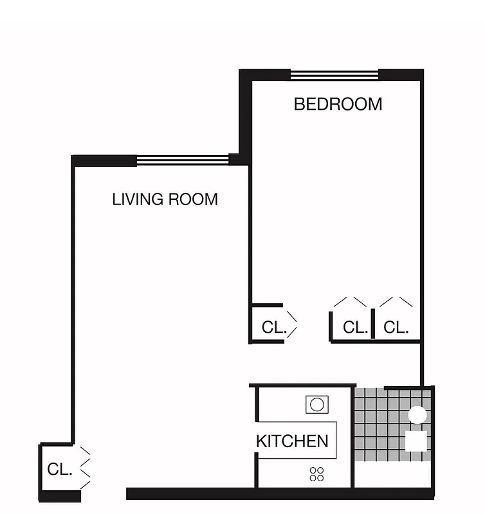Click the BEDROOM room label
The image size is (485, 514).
tap(338, 104)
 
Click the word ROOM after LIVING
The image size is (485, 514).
tap(193, 199)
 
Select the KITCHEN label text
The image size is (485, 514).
tap(292, 441)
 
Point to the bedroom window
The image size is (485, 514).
tap(334, 75)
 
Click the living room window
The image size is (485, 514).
tap(183, 160)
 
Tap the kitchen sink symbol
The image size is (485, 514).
tap(316, 404)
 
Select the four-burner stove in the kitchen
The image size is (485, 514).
tap(316, 475)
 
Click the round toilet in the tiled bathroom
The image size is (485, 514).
tap(417, 415)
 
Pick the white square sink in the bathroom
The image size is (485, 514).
tap(416, 441)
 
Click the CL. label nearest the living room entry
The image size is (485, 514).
tap(59, 470)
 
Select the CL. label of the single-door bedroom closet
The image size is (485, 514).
tap(273, 327)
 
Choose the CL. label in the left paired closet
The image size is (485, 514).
tap(355, 327)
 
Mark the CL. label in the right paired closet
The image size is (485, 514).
tap(396, 327)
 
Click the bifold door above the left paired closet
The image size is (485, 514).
tap(351, 301)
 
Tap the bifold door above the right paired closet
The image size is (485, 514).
tap(396, 301)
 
